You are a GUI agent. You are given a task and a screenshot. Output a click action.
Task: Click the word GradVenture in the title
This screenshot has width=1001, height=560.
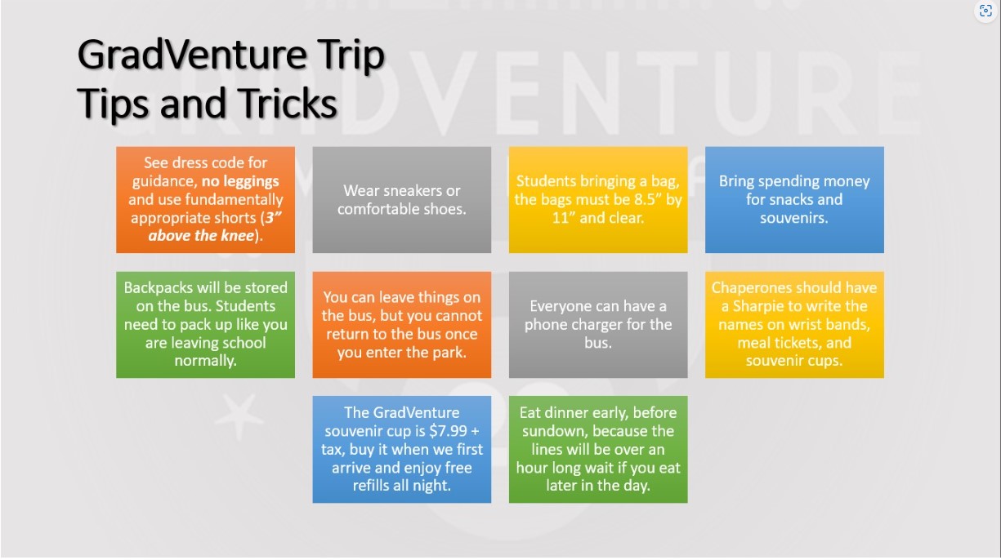pyautogui.click(x=192, y=56)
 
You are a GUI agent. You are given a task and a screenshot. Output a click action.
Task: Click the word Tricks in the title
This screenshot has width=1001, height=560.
pyautogui.click(x=288, y=103)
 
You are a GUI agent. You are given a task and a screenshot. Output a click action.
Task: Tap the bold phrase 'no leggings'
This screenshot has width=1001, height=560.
pyautogui.click(x=240, y=181)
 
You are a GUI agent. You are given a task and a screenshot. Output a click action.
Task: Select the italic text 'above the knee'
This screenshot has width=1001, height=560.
pyautogui.click(x=201, y=236)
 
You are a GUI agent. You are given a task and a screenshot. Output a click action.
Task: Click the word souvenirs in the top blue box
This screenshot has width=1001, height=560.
pyautogui.click(x=794, y=218)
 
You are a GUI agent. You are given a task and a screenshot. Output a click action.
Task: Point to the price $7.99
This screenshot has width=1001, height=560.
pyautogui.click(x=449, y=431)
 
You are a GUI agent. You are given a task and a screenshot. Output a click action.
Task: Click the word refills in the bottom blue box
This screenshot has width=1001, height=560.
pyautogui.click(x=371, y=486)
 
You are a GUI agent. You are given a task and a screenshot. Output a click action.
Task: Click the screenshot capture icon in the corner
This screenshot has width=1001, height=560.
pyautogui.click(x=985, y=11)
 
